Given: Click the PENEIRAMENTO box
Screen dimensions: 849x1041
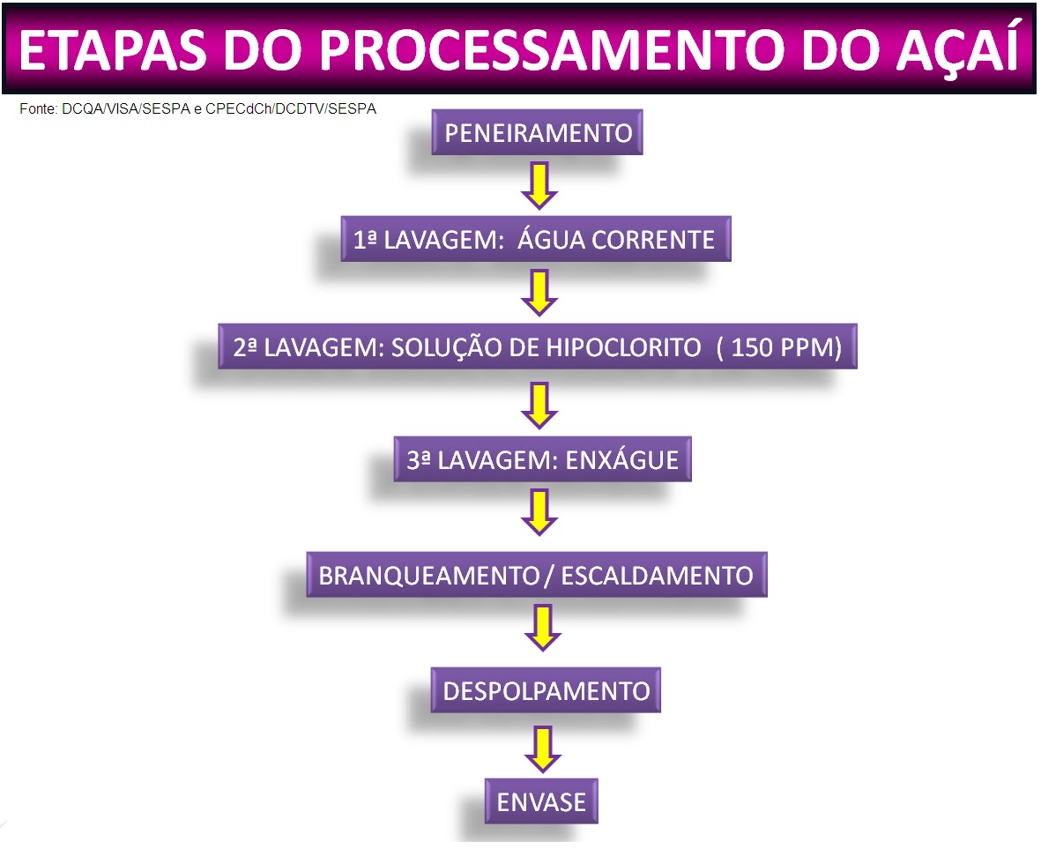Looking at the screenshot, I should (x=538, y=133).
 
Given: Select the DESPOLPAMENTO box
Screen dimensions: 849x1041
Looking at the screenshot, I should (x=546, y=690).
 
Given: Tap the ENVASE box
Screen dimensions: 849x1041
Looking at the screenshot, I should (x=541, y=801).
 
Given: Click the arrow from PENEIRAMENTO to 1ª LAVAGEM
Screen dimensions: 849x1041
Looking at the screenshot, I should (x=539, y=183).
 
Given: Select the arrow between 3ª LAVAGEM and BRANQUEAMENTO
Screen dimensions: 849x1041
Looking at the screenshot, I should (x=540, y=512).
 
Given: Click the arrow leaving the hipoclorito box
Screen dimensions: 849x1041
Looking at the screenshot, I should (x=540, y=404).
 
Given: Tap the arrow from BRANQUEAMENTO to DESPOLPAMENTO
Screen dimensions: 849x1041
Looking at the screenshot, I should (x=542, y=626).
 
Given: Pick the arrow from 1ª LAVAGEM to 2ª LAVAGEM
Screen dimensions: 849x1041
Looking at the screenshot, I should (x=539, y=293).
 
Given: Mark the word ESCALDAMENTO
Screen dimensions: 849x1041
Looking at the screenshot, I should (x=658, y=576).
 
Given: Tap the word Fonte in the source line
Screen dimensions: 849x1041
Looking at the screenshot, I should (x=38, y=109).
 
